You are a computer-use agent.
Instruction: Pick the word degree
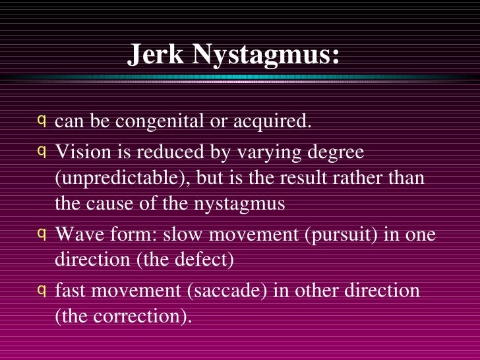click(333, 153)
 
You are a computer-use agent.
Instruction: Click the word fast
click(71, 289)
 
